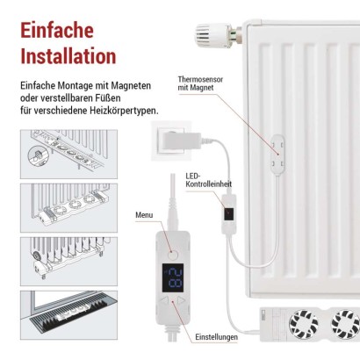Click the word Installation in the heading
coord(68,57)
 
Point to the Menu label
coord(144,215)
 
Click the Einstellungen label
coord(217,335)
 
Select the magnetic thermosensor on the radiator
coord(277,154)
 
